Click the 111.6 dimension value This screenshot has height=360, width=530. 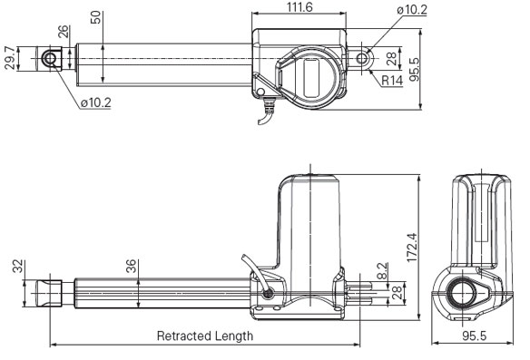point(299,7)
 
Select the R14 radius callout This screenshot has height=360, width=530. point(392,81)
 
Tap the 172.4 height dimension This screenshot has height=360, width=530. point(412,248)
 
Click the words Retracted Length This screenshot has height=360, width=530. point(205,336)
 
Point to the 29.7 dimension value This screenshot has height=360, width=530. point(10,58)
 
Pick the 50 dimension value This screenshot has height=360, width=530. point(95,17)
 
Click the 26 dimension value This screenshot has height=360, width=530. point(64,32)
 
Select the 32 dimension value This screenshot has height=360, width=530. point(18,266)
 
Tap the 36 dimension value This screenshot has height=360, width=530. point(132,266)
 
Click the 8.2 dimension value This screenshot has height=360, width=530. point(382,270)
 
